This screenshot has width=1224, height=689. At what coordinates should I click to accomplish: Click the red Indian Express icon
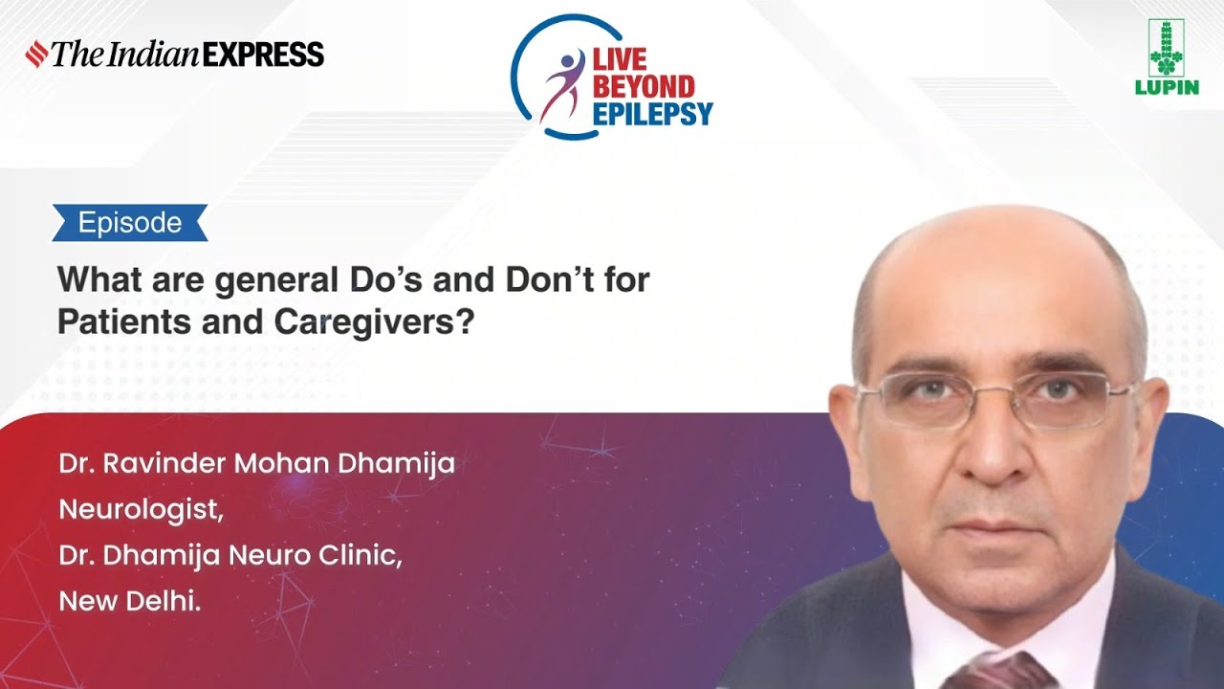tap(36, 54)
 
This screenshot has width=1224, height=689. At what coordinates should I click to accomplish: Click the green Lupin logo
tap(1166, 57)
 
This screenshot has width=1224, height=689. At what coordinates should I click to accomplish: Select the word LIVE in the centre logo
tap(620, 60)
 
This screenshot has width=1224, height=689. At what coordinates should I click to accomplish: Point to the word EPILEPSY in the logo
tap(653, 115)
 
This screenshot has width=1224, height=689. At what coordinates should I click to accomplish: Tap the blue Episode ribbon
tap(130, 223)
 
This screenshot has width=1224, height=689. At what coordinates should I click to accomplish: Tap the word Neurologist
tap(141, 510)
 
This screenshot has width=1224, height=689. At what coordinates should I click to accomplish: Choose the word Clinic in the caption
tap(364, 556)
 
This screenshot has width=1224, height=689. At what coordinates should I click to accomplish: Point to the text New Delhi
tap(130, 601)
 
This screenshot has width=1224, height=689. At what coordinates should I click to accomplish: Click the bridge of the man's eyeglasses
tap(995, 395)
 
